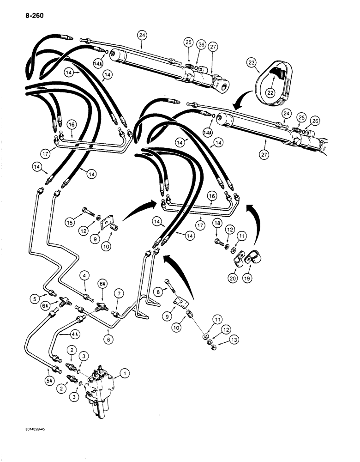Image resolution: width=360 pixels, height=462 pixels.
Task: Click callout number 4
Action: pyautogui.click(x=84, y=276)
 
